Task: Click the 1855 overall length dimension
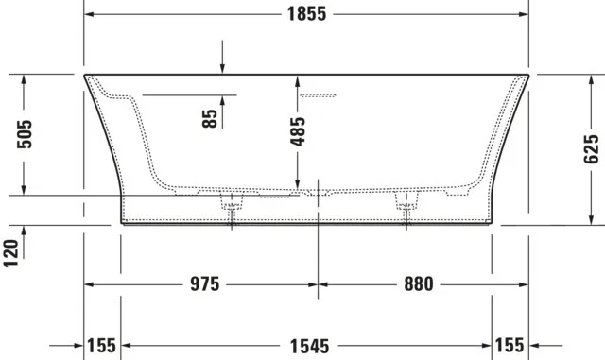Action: click(x=304, y=14)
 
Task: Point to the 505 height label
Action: click(x=26, y=134)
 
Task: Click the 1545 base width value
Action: click(x=305, y=345)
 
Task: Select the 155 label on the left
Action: click(x=102, y=345)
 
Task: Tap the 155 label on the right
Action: click(x=510, y=345)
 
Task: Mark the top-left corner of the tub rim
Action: click(x=84, y=75)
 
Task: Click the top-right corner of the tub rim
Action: click(x=527, y=75)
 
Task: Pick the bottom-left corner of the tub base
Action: click(x=123, y=223)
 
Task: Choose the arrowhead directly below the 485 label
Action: click(x=297, y=184)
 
